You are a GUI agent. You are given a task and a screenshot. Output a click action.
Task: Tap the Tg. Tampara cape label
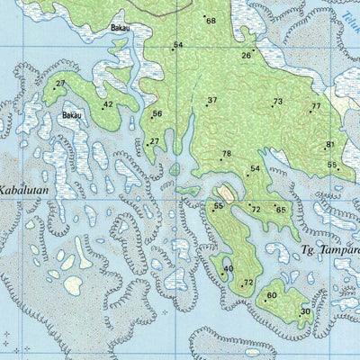tap(330, 248)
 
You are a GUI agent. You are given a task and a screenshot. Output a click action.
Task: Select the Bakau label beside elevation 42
tap(72, 115)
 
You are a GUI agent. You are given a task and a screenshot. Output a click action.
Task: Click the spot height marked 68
tap(211, 21)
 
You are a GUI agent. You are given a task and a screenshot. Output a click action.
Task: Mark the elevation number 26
tap(246, 56)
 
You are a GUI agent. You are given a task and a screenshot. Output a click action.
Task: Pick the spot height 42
tap(108, 104)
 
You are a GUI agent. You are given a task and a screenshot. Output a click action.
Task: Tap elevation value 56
tap(157, 113)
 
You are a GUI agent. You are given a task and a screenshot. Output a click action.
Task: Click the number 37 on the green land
tap(212, 100)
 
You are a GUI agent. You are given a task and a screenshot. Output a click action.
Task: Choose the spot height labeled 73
tap(277, 102)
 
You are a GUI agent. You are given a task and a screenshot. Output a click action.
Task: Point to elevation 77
tap(315, 107)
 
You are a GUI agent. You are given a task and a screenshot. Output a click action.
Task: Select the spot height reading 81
tap(330, 144)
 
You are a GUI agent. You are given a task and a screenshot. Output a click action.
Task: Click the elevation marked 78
tap(226, 154)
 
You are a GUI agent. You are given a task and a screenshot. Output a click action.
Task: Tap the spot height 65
tap(281, 210)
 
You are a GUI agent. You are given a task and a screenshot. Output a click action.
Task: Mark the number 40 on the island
tap(229, 268)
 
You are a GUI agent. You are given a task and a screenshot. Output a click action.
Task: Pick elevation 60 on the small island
tap(272, 294)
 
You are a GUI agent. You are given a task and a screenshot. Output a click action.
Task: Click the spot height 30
tap(306, 311)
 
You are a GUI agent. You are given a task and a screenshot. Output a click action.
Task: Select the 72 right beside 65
tap(256, 209)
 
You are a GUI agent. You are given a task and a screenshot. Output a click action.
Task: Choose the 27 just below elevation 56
tap(155, 141)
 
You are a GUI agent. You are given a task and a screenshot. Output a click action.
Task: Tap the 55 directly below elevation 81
tap(332, 165)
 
